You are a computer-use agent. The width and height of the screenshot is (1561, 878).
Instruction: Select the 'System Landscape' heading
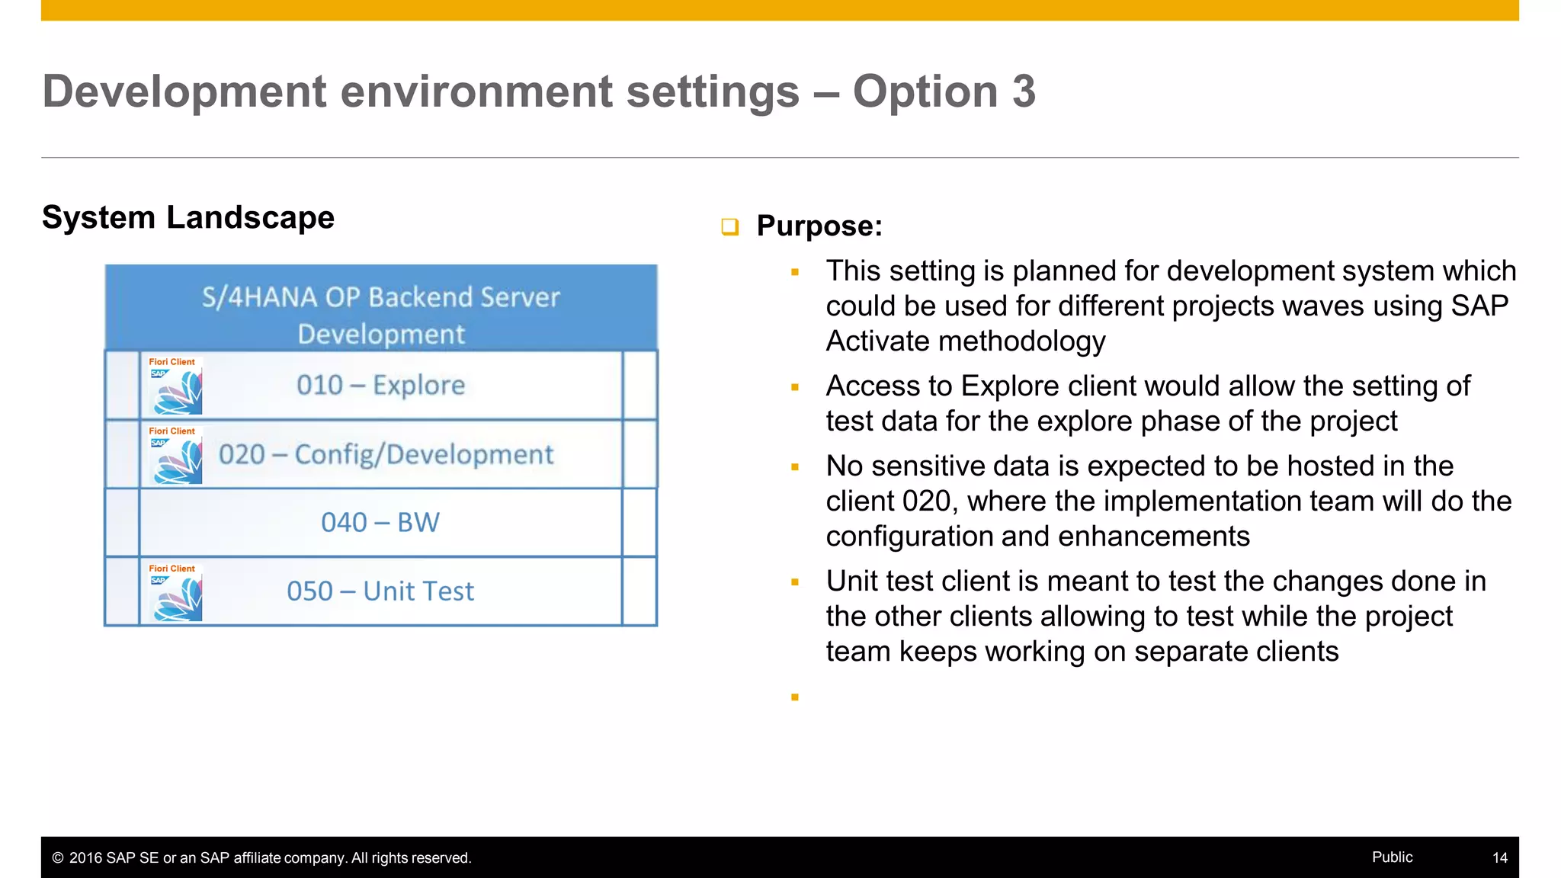tap(188, 217)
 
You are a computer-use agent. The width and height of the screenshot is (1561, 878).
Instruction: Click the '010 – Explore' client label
tap(380, 385)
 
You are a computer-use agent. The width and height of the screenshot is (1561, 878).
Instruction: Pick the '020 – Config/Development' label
tap(386, 454)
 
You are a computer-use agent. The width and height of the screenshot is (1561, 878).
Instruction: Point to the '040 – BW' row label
tap(380, 522)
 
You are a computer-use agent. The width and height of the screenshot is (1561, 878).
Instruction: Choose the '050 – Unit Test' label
tap(380, 591)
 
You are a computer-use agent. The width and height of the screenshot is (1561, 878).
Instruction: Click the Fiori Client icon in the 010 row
tap(176, 386)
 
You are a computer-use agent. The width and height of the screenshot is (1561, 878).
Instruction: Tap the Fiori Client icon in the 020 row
tap(176, 456)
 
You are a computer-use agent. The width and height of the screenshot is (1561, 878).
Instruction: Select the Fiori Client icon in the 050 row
tap(176, 593)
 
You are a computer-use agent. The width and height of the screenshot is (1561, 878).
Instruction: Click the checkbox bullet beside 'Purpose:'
tap(729, 226)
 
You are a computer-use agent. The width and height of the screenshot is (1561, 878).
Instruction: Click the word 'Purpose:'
tap(819, 226)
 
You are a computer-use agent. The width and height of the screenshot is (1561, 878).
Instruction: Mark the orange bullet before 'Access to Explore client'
tap(795, 387)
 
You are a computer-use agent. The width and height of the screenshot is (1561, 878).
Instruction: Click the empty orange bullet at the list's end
tap(795, 697)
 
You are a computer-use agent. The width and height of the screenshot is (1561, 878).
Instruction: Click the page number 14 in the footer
tap(1499, 857)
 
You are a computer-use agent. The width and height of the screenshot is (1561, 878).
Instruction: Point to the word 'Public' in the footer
tap(1392, 857)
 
